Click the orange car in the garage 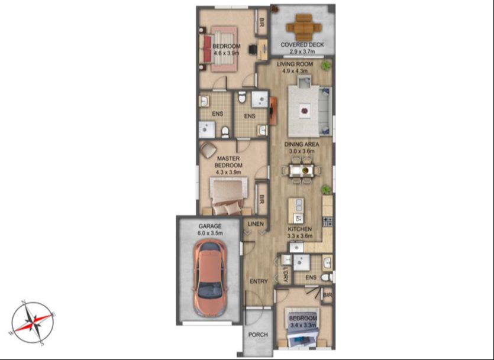210,278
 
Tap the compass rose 33,323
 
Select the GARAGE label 210,226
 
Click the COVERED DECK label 302,45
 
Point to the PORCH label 258,335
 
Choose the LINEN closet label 256,224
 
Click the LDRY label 285,274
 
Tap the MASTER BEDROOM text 228,162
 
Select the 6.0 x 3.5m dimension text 210,233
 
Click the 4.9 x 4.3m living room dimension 295,71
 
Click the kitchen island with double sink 296,210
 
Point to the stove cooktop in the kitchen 327,221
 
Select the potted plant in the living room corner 325,66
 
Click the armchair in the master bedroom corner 208,150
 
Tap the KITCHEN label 300,229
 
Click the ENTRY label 259,281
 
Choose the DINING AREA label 302,144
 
